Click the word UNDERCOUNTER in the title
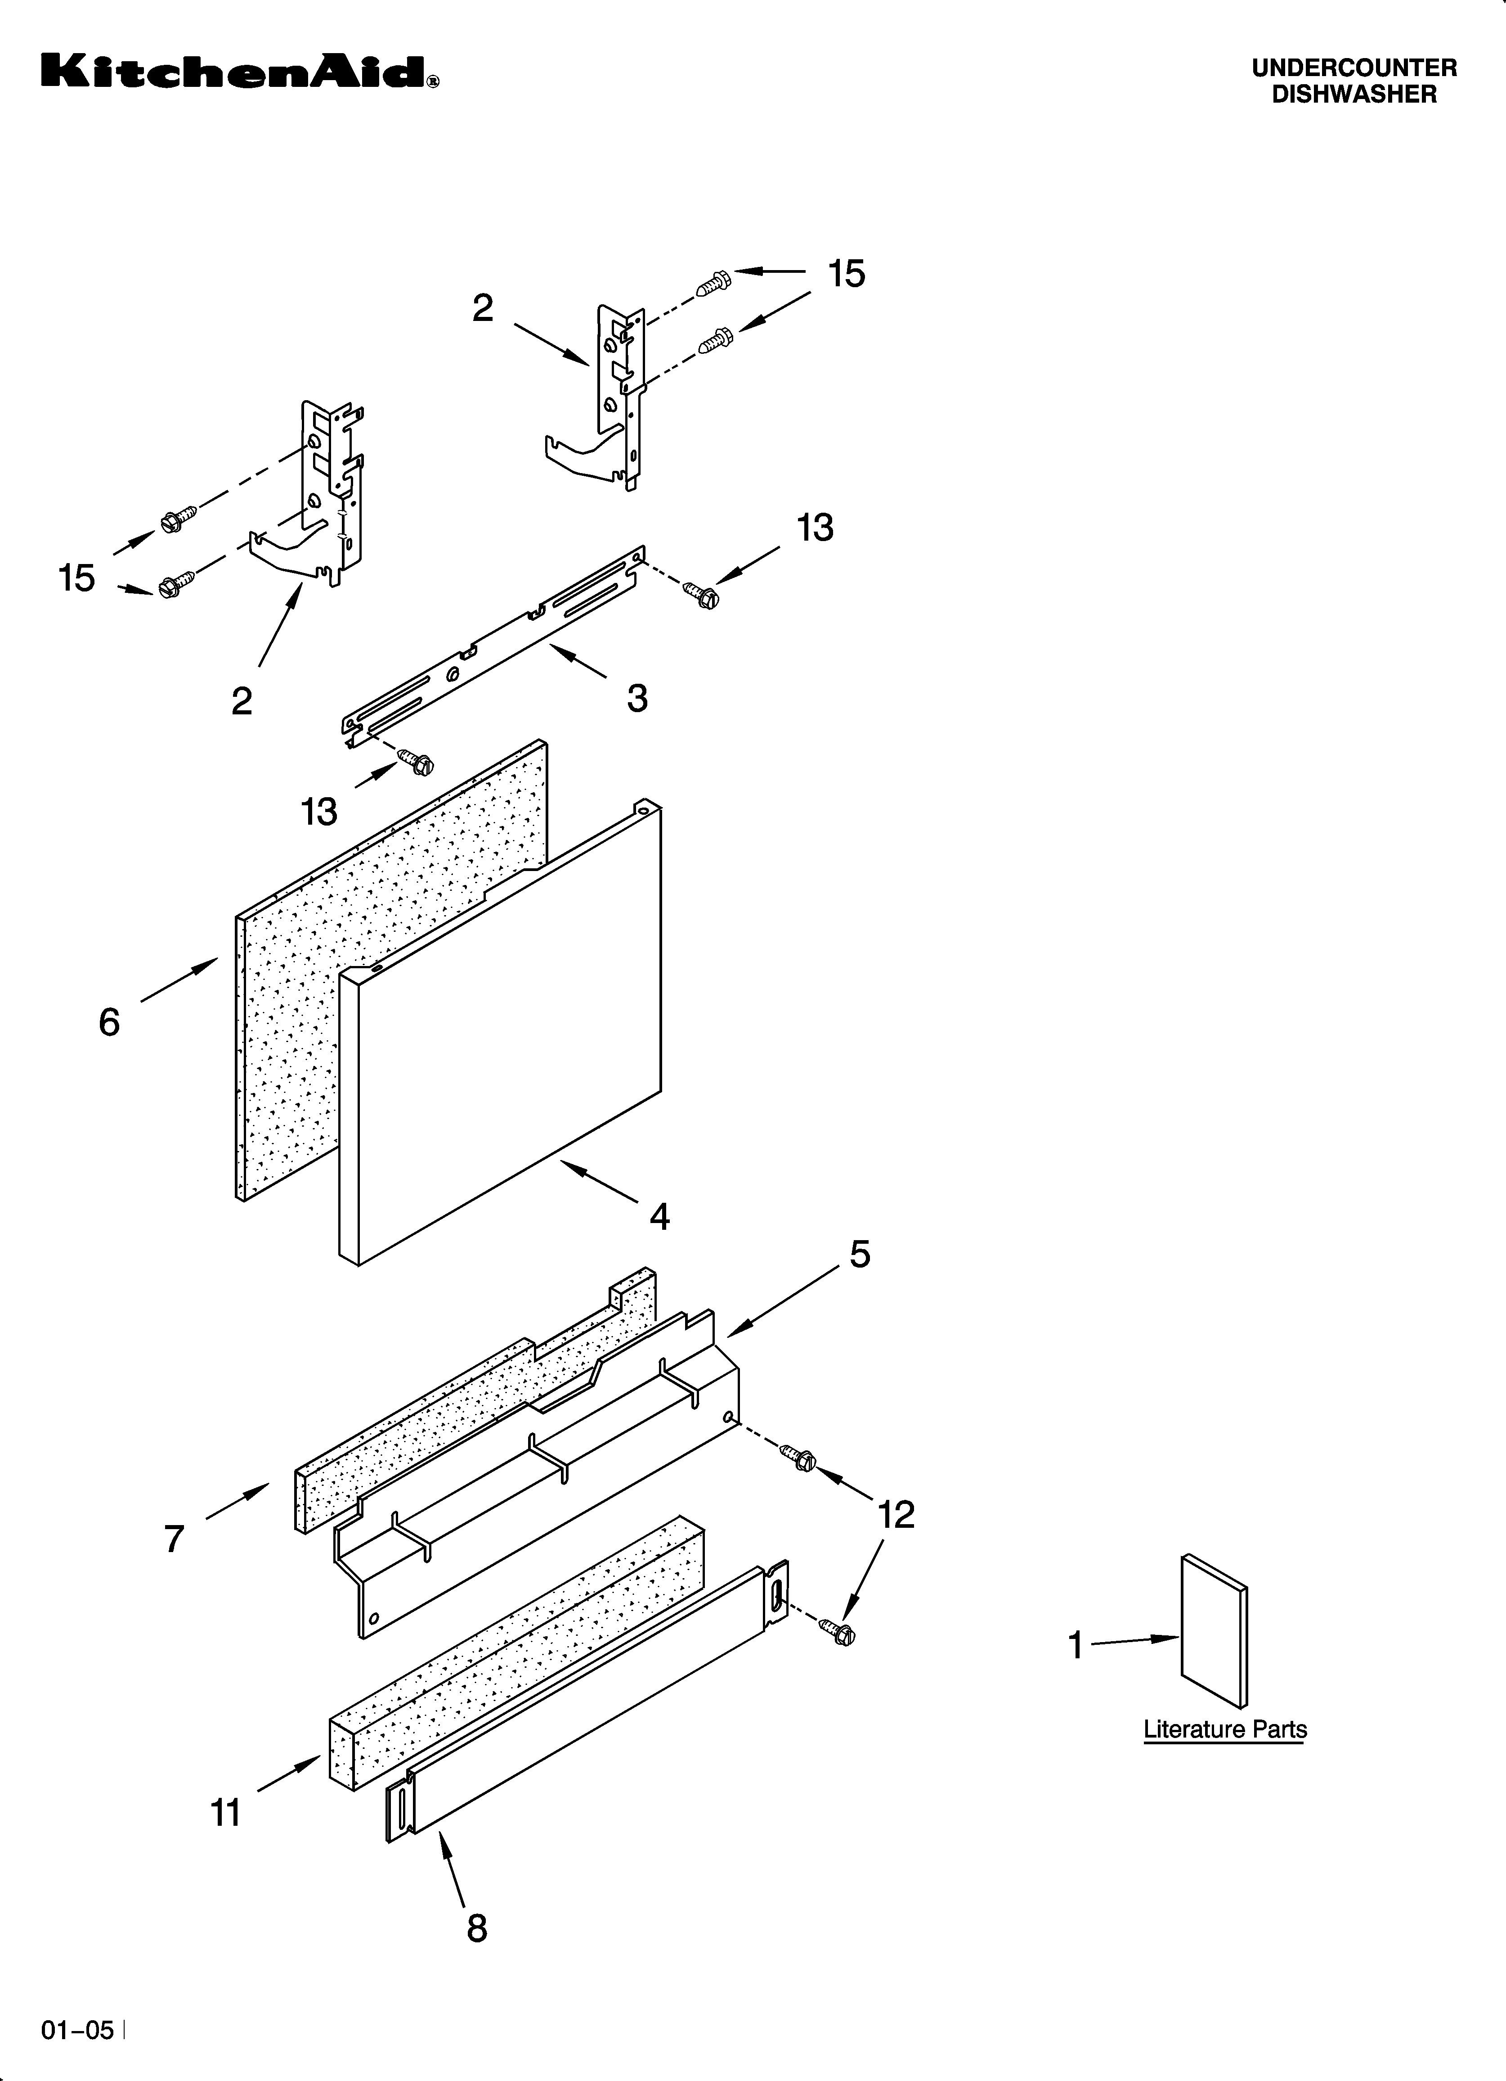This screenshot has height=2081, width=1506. coord(1354,68)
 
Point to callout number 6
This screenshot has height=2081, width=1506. coord(109,1021)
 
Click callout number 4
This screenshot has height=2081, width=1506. coord(659,1217)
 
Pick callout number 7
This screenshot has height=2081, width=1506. coord(174,1539)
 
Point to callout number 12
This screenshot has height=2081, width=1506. coord(896,1515)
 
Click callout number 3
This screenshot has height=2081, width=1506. coord(637,698)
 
